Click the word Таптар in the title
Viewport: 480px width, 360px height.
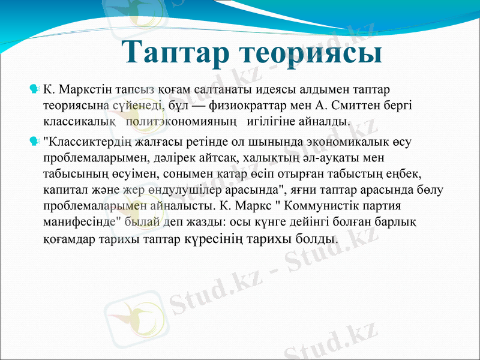pyautogui.click(x=175, y=52)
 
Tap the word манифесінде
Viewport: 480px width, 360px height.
pyautogui.click(x=76, y=221)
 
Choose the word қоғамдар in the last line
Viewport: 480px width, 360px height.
pyautogui.click(x=71, y=238)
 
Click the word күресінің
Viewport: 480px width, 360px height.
pyautogui.click(x=214, y=238)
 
